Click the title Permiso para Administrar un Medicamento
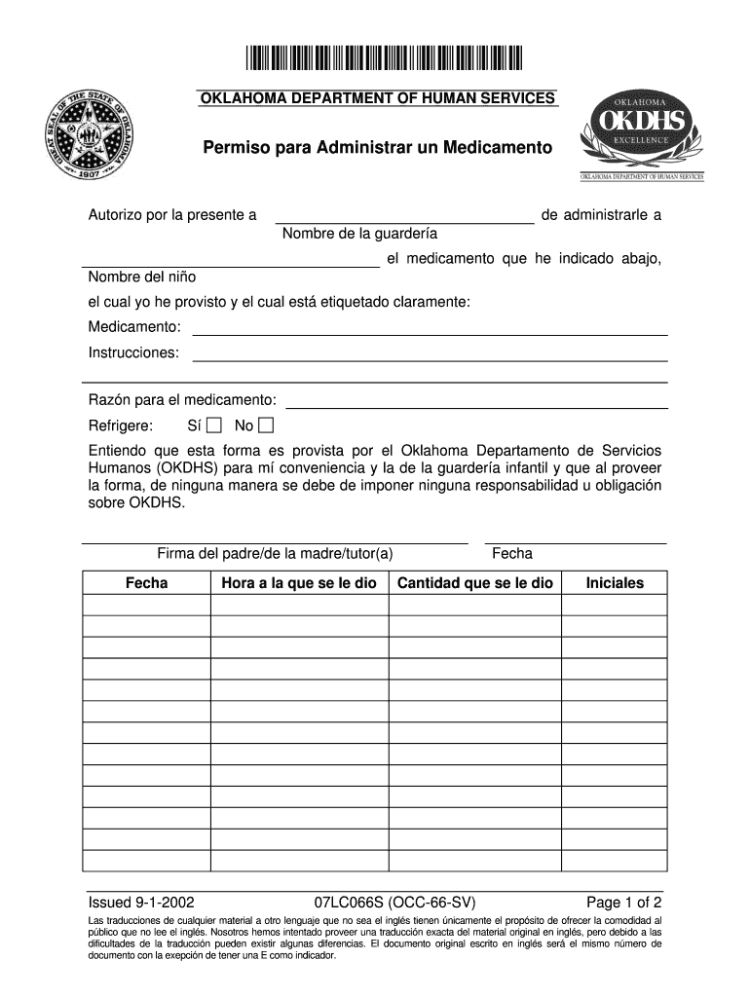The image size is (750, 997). (x=376, y=149)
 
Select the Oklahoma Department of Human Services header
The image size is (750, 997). (x=377, y=97)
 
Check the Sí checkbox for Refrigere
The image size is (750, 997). (x=214, y=425)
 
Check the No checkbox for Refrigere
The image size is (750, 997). (x=266, y=425)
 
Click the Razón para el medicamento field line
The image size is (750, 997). (x=476, y=404)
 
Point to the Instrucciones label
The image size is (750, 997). (x=133, y=352)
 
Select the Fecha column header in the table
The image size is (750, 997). (x=146, y=583)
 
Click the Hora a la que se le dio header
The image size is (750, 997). (x=299, y=583)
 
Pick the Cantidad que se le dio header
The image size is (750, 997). (x=474, y=583)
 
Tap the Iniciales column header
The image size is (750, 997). (x=614, y=583)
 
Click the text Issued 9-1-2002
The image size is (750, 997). (x=140, y=901)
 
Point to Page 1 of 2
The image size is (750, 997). (x=623, y=901)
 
